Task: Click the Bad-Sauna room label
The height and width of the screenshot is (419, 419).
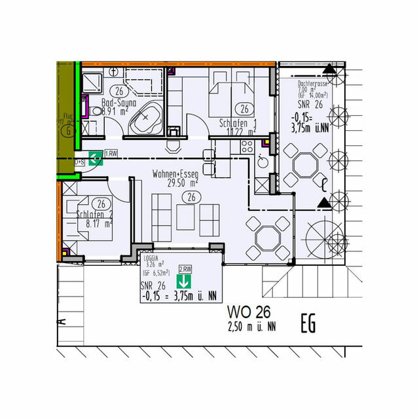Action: point(118,102)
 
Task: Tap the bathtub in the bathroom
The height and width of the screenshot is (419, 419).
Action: point(145,119)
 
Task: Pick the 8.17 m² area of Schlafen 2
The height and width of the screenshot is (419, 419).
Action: point(100,223)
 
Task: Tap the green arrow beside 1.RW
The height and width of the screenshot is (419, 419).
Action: point(95,158)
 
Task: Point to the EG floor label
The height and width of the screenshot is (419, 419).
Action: point(312,323)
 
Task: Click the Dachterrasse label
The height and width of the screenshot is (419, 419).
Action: point(312,84)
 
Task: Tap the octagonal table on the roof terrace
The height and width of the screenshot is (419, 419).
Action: point(304,164)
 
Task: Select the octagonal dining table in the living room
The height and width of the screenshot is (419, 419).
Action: point(267,236)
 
